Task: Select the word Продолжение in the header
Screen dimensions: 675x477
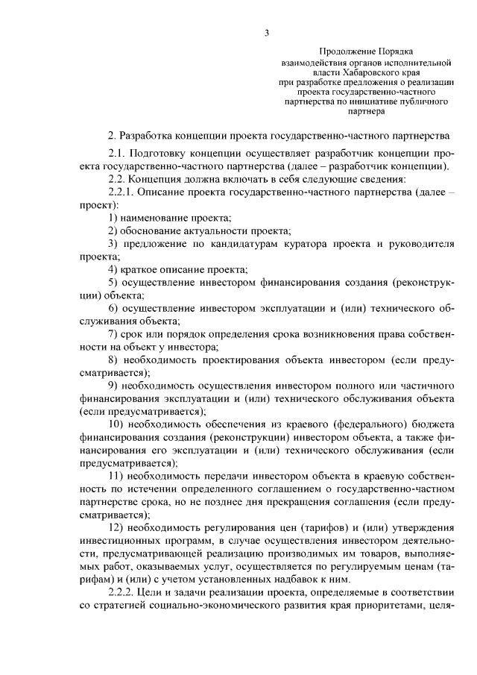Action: (x=351, y=51)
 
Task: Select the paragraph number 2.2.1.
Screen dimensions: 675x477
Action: (x=124, y=192)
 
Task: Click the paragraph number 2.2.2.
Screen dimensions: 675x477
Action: (x=124, y=592)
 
